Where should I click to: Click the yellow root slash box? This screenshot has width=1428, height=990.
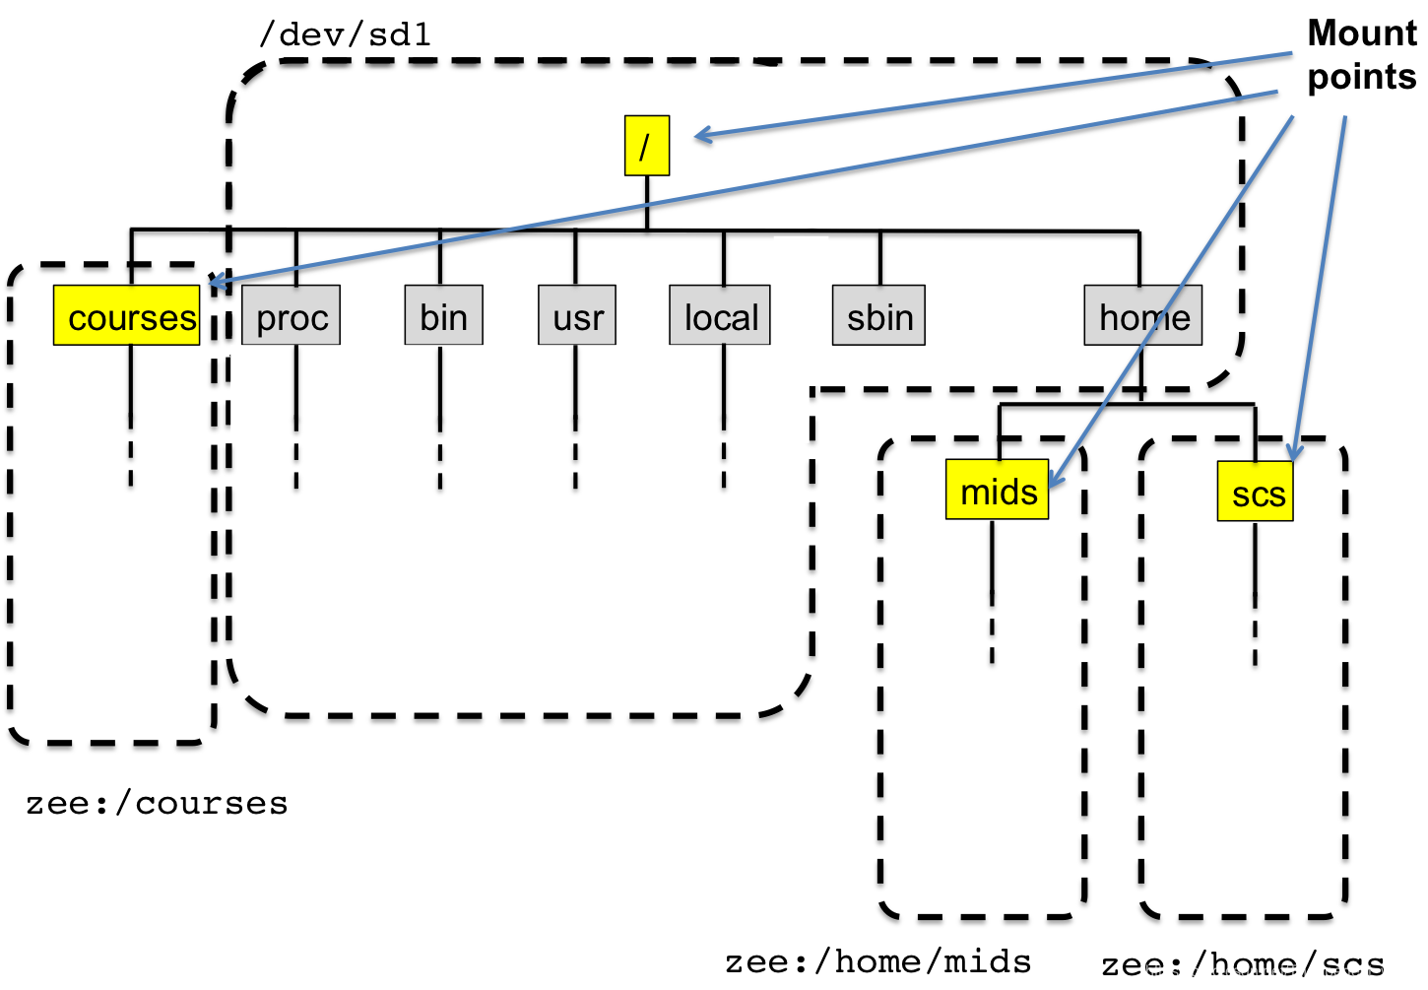click(x=647, y=146)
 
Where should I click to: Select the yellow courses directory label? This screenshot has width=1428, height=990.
click(x=127, y=315)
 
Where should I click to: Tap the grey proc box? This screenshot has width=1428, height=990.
click(x=292, y=315)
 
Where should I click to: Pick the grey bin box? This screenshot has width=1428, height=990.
click(x=444, y=315)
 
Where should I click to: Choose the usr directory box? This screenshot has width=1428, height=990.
click(x=577, y=315)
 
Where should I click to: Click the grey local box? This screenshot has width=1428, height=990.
click(x=720, y=315)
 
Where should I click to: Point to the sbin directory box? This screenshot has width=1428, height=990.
click(x=878, y=315)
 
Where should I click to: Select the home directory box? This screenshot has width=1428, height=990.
click(x=1142, y=315)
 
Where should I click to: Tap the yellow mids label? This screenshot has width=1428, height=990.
click(x=997, y=490)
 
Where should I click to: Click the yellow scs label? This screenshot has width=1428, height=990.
click(x=1255, y=491)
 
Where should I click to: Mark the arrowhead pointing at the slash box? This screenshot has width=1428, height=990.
click(x=702, y=136)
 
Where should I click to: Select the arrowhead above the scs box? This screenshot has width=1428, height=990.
click(x=1295, y=452)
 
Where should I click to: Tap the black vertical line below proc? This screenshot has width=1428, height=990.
click(x=295, y=388)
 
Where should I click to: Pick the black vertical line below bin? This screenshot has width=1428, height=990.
click(x=439, y=388)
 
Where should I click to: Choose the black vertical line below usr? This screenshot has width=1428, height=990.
click(x=575, y=388)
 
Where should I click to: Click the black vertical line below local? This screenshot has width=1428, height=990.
click(x=724, y=388)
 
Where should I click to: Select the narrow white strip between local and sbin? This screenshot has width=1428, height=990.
click(x=801, y=310)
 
